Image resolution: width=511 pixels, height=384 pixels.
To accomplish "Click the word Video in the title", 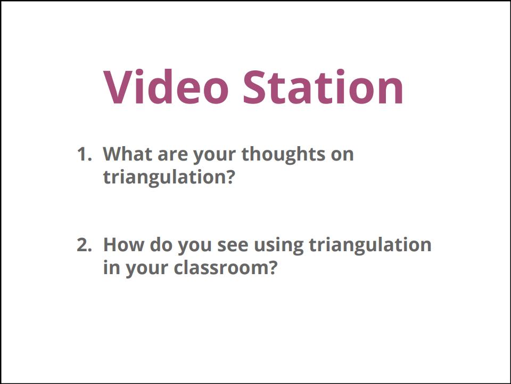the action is tap(166, 86).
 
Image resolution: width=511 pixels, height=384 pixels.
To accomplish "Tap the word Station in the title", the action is tap(324, 87).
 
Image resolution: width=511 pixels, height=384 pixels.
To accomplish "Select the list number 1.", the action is tap(84, 154).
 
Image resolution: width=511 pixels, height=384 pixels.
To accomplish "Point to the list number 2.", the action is tap(84, 245).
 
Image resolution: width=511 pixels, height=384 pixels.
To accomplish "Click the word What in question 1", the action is tap(128, 154).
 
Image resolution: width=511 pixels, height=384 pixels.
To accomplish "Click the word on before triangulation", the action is tap(342, 155).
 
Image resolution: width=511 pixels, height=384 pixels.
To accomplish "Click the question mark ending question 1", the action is tap(230, 177).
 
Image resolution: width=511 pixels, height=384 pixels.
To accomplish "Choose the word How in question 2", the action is tap(123, 244).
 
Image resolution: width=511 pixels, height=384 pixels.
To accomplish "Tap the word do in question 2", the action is tap(161, 244).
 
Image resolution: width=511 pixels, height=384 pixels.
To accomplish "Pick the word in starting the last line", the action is tap(112, 267).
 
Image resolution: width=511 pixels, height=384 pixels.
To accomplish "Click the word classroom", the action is tap(221, 267).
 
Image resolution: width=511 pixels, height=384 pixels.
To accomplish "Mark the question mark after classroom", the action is tap(273, 267).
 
